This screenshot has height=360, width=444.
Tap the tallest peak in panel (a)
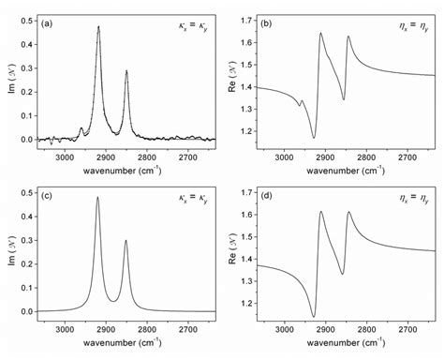pos(98,27)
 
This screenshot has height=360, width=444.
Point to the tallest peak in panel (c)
pos(97,198)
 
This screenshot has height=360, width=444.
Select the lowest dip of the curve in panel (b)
pos(314,138)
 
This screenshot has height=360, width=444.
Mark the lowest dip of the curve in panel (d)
pos(314,315)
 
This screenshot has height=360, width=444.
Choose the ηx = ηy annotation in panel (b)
pos(407,22)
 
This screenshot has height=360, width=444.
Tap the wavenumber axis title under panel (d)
pos(346,344)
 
